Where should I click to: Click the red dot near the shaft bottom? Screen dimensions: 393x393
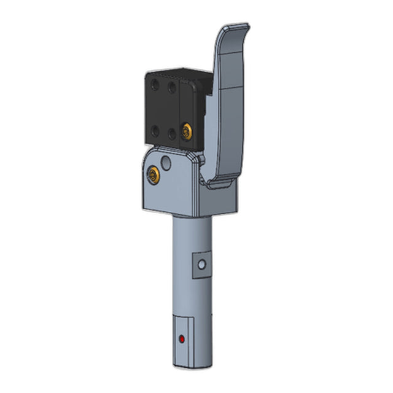(x=181, y=339)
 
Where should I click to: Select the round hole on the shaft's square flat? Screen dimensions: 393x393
(x=200, y=265)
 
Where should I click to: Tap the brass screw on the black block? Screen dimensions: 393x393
(x=186, y=130)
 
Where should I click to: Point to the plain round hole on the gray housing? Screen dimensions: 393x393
(x=166, y=163)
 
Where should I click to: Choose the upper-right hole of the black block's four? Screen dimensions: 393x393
(x=173, y=87)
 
